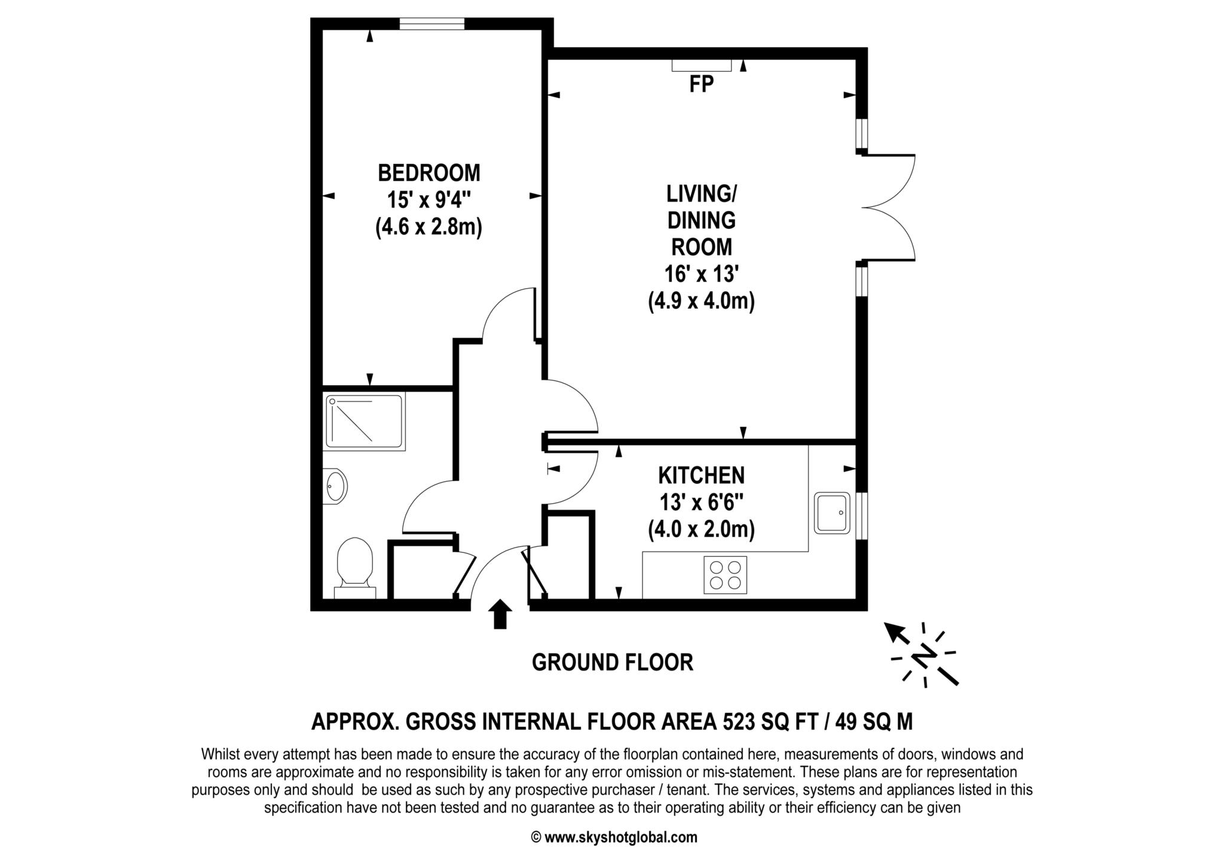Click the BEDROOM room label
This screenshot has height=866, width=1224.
click(429, 173)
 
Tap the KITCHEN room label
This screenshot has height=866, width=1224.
click(702, 475)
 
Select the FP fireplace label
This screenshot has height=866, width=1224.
click(701, 84)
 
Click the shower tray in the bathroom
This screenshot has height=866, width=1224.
click(365, 422)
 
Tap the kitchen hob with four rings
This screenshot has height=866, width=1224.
click(726, 575)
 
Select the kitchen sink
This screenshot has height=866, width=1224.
click(832, 513)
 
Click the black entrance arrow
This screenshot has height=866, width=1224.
click(500, 614)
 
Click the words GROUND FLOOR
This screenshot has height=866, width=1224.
click(612, 663)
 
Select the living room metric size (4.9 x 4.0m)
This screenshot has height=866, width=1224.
click(702, 301)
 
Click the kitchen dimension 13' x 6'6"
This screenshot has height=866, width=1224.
click(702, 503)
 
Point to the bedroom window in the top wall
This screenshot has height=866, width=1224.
click(432, 23)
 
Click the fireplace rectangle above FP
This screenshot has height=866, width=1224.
click(702, 65)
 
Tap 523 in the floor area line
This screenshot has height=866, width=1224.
click(739, 722)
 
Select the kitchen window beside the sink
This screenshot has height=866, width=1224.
click(862, 516)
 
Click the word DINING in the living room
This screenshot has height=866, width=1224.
click(702, 220)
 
